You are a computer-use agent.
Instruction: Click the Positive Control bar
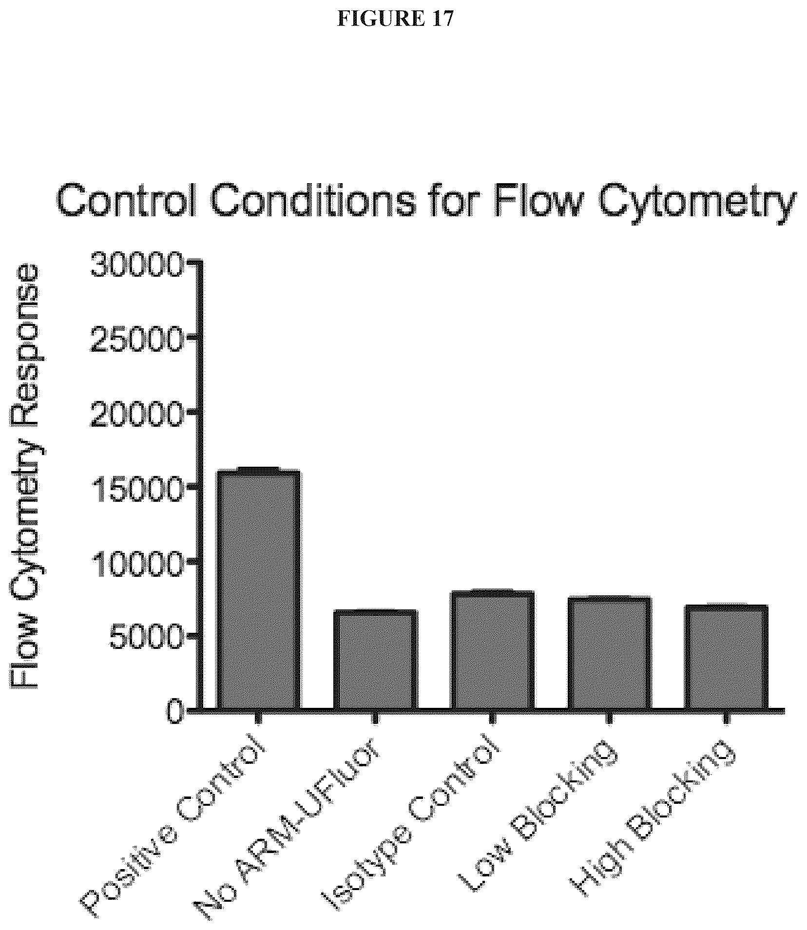259,590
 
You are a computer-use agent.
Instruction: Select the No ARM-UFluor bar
375,660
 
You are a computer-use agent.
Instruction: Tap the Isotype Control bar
493,650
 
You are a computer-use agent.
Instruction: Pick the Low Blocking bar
610,653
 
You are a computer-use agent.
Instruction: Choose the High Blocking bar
727,657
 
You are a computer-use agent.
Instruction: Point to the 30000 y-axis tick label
137,265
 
